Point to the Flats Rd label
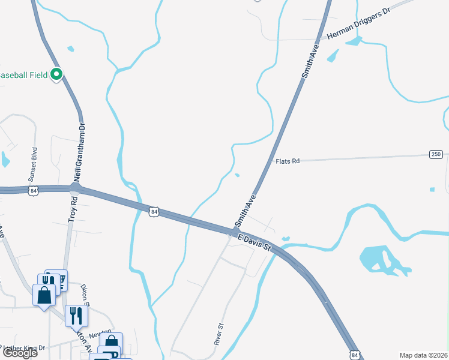tap(287, 161)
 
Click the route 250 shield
tap(436, 154)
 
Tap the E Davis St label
tap(255, 242)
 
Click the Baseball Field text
tap(23, 75)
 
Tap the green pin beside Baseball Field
tap(56, 75)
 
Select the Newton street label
tap(100, 332)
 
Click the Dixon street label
tap(85, 294)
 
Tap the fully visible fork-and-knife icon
tap(76, 316)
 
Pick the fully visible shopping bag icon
tap(44, 295)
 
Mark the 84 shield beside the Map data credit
tap(355, 355)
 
